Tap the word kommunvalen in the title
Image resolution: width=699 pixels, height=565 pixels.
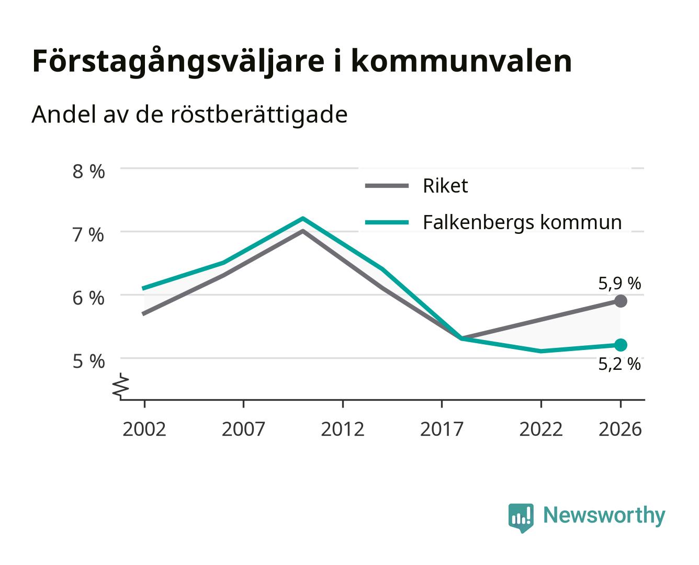click(x=461, y=61)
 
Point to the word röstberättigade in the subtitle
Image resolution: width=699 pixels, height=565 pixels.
click(x=259, y=115)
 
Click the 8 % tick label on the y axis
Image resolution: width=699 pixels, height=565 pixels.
click(x=88, y=171)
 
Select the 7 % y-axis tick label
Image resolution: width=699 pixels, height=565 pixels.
click(x=88, y=234)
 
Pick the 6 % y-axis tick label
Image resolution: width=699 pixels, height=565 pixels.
click(x=88, y=298)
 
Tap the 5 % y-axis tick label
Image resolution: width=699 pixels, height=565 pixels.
click(x=88, y=361)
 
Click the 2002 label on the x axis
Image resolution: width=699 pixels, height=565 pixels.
click(x=144, y=429)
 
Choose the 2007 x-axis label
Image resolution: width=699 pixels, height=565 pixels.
click(x=243, y=429)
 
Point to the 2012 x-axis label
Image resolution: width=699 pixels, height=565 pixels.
click(x=343, y=429)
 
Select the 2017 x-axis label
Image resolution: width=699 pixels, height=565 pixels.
click(x=442, y=429)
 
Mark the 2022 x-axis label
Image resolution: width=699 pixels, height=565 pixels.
click(x=541, y=429)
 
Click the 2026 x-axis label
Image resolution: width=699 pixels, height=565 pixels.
click(x=620, y=429)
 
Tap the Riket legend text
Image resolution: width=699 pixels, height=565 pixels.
click(x=445, y=186)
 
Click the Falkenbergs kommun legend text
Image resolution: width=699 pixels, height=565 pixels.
click(x=522, y=223)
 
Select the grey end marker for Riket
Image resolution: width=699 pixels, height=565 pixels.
click(x=620, y=300)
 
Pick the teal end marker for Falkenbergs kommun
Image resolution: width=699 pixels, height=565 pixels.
click(x=620, y=345)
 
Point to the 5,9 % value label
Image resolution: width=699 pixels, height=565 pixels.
click(x=619, y=283)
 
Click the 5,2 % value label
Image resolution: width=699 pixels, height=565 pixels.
click(x=619, y=364)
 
